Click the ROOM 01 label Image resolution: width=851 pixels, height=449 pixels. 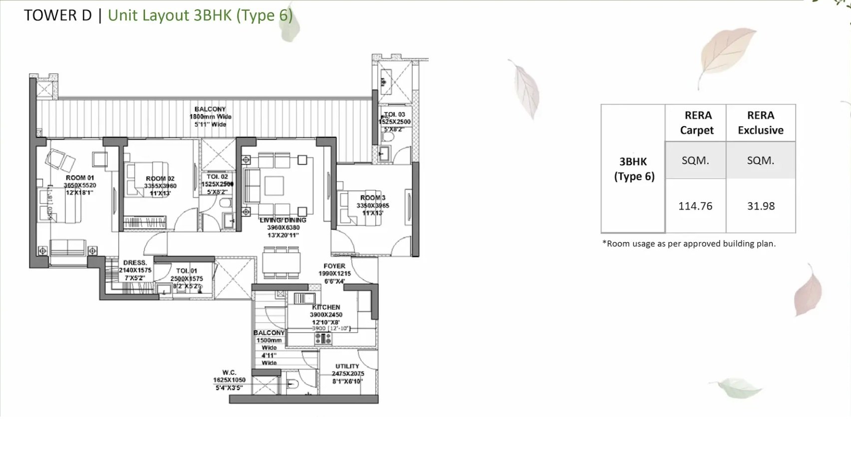click(80, 178)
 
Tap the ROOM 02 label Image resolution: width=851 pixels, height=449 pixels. click(160, 179)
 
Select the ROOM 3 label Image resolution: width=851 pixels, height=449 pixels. click(373, 198)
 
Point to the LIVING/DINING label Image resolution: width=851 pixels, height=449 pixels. click(283, 220)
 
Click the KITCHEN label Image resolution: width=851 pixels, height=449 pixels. click(326, 307)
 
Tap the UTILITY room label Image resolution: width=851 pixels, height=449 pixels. click(347, 366)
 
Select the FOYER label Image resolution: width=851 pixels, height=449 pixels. click(334, 266)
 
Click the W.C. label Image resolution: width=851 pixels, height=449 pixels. click(229, 372)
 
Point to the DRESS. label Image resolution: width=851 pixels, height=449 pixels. click(135, 262)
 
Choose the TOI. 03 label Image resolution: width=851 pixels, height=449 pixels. click(394, 114)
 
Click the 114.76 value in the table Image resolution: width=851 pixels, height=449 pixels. click(695, 206)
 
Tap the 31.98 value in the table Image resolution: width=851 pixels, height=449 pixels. click(761, 206)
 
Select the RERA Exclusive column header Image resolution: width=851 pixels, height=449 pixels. click(761, 123)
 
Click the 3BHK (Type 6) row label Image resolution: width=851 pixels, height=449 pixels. click(633, 169)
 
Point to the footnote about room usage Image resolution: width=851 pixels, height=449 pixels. click(689, 243)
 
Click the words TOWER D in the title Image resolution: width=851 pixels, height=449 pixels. click(58, 15)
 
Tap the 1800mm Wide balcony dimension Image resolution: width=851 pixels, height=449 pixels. click(210, 117)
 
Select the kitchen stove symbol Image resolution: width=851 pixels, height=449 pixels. click(323, 339)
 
